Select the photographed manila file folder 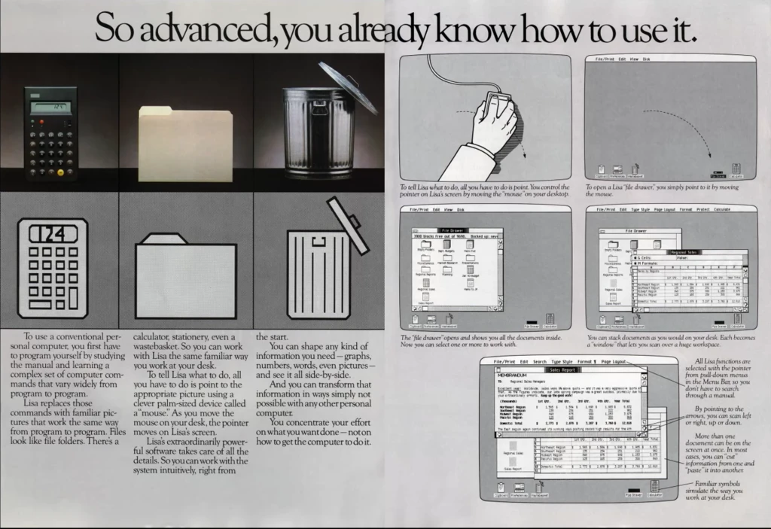click(184, 143)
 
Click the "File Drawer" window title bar click(453, 230)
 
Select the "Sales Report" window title click(563, 370)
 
